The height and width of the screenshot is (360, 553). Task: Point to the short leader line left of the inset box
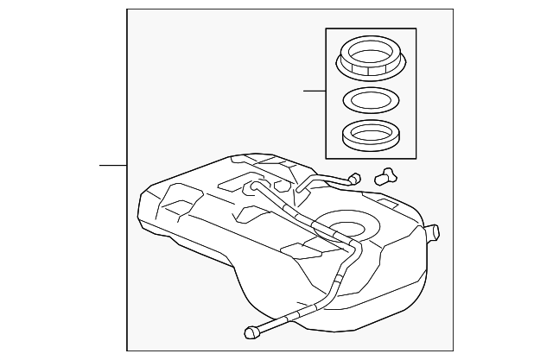point(315,91)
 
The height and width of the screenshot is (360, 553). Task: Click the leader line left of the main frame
point(113,164)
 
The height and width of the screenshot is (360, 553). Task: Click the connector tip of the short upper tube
point(352,180)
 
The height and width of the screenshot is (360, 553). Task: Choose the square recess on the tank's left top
point(176,205)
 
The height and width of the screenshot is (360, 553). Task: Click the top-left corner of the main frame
point(127,9)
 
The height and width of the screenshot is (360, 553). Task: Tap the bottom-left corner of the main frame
point(127,351)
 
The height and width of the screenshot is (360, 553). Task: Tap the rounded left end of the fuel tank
point(147,216)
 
